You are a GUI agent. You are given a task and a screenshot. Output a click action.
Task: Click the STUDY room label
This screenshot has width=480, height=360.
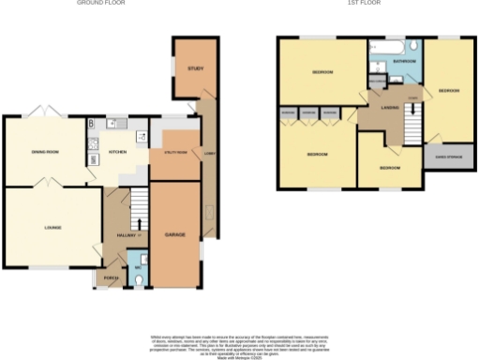(x=196, y=68)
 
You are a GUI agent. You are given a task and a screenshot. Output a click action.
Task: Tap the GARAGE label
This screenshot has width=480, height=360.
(x=175, y=232)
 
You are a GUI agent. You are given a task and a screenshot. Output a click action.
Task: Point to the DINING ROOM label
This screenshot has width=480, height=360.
(x=46, y=150)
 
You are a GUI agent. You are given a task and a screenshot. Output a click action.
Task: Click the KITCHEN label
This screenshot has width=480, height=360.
(x=118, y=150)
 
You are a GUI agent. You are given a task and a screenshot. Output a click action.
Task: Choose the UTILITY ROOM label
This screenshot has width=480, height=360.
(x=175, y=151)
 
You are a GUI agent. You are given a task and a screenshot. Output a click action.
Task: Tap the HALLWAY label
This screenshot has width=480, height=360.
(x=126, y=235)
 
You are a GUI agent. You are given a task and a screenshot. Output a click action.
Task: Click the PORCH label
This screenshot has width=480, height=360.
(x=111, y=278)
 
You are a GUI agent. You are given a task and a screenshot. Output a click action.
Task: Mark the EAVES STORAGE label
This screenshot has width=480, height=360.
(x=442, y=157)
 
